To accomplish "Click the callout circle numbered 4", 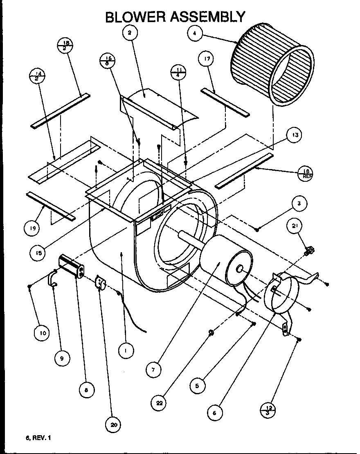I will pyautogui.click(x=196, y=34).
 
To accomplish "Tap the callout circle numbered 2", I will pyautogui.click(x=130, y=33).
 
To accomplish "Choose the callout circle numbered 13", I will pyautogui.click(x=295, y=135).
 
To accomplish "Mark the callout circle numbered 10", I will pyautogui.click(x=42, y=333).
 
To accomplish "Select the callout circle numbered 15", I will pyautogui.click(x=38, y=253).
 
